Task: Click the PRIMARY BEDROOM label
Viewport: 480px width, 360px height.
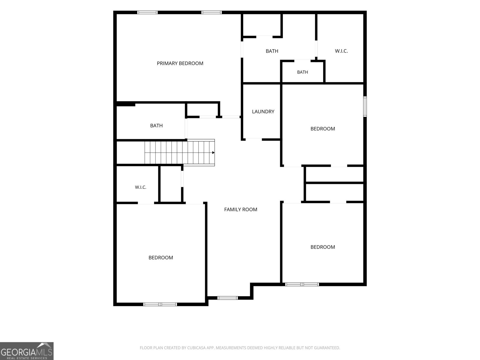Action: coord(180,63)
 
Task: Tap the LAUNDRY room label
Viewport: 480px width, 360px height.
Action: coord(263,112)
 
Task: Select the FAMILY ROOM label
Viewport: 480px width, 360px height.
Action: coord(241,210)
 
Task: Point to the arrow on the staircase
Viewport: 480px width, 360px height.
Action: coord(213,153)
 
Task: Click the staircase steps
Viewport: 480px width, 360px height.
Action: coord(179,153)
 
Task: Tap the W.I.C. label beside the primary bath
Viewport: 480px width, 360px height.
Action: coord(341,51)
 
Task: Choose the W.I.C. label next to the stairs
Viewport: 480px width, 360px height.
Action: coord(140,187)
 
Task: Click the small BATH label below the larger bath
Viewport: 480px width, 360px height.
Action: coord(302,72)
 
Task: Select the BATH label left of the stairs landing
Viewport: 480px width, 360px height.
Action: coord(156,126)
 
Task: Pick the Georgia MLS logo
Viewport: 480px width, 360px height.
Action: coord(27,351)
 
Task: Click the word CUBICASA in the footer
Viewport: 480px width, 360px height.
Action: coord(196,348)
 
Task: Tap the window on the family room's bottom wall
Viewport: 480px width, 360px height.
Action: coord(227,298)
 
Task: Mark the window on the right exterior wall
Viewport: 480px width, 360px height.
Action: coord(365,106)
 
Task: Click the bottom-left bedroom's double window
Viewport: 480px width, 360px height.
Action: coord(160,304)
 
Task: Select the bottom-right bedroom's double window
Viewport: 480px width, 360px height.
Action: coord(302,284)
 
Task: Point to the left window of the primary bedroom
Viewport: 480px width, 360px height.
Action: coord(147,13)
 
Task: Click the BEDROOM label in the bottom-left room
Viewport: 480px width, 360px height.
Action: coord(161,258)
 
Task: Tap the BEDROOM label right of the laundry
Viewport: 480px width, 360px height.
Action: coord(323,129)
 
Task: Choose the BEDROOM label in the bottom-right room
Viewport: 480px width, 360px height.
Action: coord(323,247)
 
